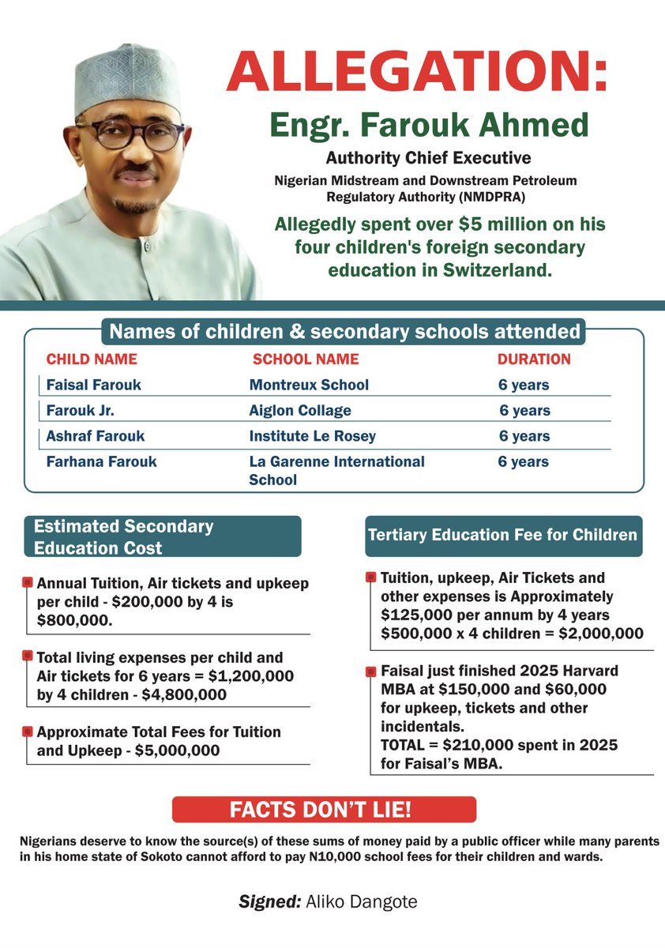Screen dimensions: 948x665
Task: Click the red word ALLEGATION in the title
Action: point(417,73)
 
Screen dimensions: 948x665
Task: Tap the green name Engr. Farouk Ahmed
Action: point(429,125)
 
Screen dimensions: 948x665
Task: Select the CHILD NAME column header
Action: point(92,359)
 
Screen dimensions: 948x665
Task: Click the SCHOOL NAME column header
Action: point(306,359)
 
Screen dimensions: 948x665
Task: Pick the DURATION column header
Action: point(534,359)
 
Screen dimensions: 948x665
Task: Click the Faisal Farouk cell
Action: point(95,386)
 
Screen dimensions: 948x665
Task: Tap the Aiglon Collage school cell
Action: point(300,411)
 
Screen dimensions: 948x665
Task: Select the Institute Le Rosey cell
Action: point(312,436)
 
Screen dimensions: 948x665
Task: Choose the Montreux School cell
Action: point(309,386)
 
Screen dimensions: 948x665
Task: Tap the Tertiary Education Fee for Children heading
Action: point(502,535)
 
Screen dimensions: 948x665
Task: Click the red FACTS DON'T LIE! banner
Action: point(324,810)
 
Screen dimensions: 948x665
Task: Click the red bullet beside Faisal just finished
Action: point(370,671)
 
